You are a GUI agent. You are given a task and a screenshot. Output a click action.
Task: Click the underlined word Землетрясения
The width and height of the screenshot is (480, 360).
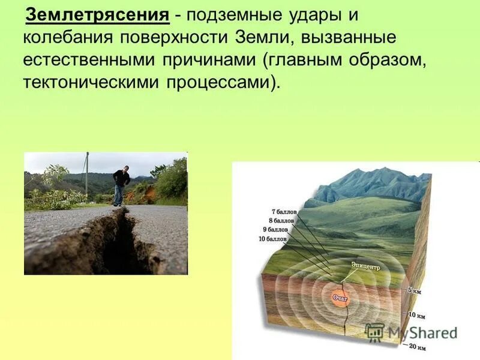97,14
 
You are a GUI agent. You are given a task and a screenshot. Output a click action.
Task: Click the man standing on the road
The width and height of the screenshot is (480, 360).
121,186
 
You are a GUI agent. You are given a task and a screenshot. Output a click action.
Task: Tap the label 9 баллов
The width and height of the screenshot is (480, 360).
275,229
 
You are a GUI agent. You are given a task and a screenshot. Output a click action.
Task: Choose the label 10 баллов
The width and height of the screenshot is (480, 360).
272,239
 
